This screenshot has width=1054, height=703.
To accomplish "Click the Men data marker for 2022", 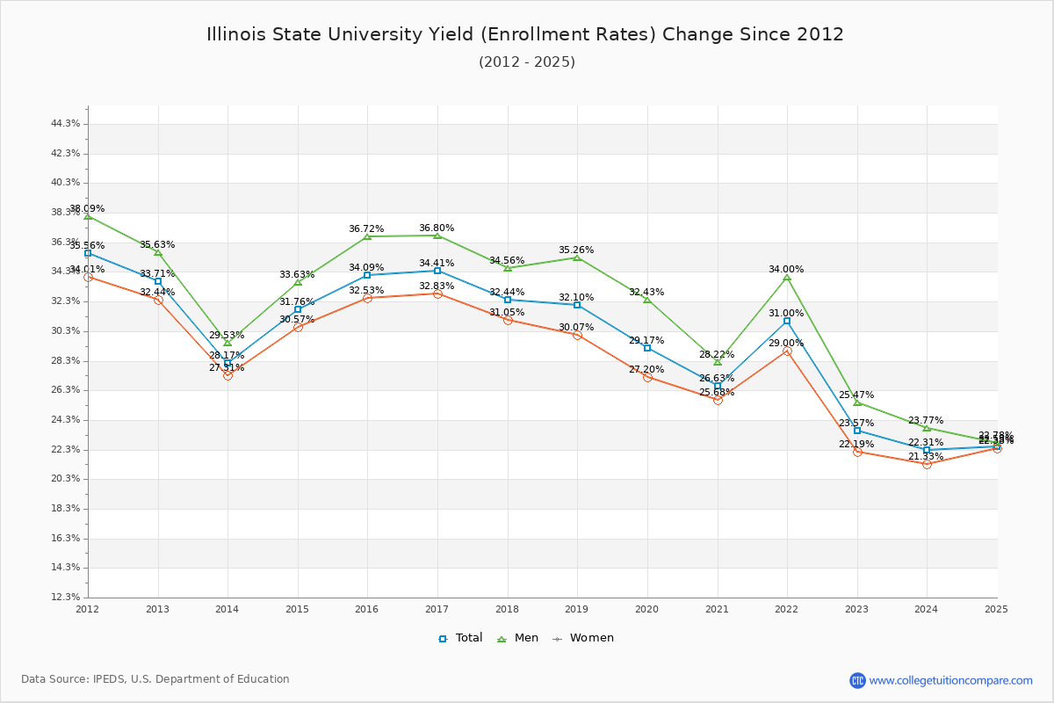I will tap(787, 278).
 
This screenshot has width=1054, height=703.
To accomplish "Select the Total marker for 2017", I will tap(437, 271).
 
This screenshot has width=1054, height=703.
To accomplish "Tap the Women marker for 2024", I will tap(927, 464).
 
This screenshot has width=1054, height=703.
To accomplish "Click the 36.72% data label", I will tap(366, 229).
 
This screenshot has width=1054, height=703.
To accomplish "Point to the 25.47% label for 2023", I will tap(856, 395).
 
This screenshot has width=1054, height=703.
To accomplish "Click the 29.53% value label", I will tap(227, 336).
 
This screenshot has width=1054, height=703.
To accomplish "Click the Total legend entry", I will tap(460, 638).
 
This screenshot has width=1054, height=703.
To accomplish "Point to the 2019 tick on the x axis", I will tap(577, 608).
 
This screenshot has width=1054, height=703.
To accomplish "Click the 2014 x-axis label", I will tap(227, 608).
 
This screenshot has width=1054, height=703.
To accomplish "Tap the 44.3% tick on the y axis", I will tap(66, 124).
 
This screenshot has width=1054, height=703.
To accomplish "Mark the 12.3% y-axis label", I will tap(66, 598).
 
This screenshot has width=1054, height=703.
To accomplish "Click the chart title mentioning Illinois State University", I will tap(525, 34).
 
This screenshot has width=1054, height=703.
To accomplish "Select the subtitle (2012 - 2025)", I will tap(527, 62).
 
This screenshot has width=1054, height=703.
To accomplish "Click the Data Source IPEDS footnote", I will tap(155, 679).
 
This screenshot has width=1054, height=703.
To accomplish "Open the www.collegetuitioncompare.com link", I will tap(950, 680).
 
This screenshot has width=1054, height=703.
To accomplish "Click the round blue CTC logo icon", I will tap(857, 680).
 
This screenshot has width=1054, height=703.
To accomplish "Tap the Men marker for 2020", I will tap(647, 300).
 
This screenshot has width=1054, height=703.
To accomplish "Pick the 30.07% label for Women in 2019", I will tap(576, 328).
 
